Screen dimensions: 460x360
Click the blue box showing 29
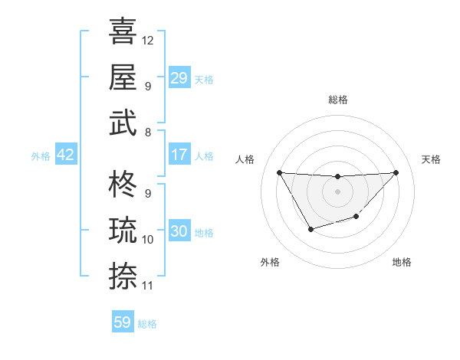pyautogui.click(x=179, y=77)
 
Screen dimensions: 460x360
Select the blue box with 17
pyautogui.click(x=179, y=155)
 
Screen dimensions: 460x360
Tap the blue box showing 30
pyautogui.click(x=179, y=231)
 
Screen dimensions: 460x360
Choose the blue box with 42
pyautogui.click(x=66, y=155)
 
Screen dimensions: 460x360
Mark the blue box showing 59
pyautogui.click(x=123, y=322)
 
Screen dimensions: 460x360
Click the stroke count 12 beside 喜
pyautogui.click(x=148, y=40)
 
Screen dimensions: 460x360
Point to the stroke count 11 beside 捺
pyautogui.click(x=148, y=286)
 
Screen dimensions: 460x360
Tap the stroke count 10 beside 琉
pyautogui.click(x=148, y=240)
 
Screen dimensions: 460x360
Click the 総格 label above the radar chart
pyautogui.click(x=338, y=100)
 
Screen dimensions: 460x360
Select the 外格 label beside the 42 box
pyautogui.click(x=41, y=155)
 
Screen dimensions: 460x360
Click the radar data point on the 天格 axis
pyautogui.click(x=396, y=172)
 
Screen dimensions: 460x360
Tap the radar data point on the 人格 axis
pyautogui.click(x=280, y=172)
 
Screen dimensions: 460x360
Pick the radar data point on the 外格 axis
pyautogui.click(x=310, y=229)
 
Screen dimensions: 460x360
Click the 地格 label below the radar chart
pyautogui.click(x=402, y=262)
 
